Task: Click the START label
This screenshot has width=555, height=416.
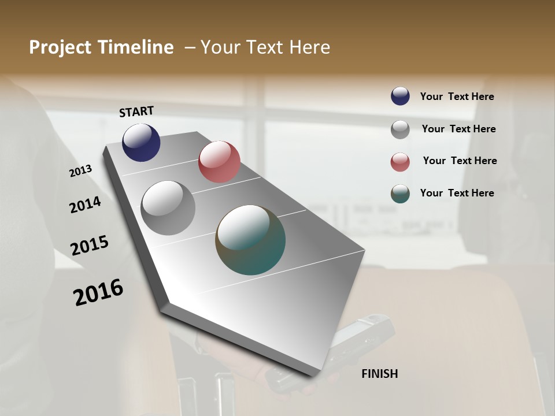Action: pyautogui.click(x=136, y=112)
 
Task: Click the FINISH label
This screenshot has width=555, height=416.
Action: pyautogui.click(x=379, y=374)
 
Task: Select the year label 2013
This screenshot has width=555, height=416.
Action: pyautogui.click(x=81, y=171)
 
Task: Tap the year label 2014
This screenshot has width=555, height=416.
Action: pyautogui.click(x=85, y=205)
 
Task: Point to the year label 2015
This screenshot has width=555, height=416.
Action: pyautogui.click(x=90, y=246)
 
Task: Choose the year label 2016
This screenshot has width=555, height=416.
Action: pyautogui.click(x=98, y=292)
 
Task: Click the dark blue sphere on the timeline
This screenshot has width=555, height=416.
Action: pyautogui.click(x=141, y=142)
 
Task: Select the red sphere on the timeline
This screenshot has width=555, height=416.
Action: pyautogui.click(x=219, y=161)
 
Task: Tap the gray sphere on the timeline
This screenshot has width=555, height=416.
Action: pyautogui.click(x=168, y=208)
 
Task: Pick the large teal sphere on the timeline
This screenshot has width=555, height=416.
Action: pyautogui.click(x=250, y=240)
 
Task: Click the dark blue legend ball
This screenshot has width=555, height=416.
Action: pyautogui.click(x=400, y=96)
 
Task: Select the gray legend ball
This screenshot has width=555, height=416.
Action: pyautogui.click(x=400, y=129)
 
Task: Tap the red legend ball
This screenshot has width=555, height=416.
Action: pyautogui.click(x=400, y=162)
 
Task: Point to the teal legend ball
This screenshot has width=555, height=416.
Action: pyautogui.click(x=400, y=194)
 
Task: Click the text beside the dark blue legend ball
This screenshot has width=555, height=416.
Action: pyautogui.click(x=457, y=97)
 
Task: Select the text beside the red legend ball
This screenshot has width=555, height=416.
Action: pyautogui.click(x=460, y=161)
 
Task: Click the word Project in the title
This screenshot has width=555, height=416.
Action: pyautogui.click(x=61, y=47)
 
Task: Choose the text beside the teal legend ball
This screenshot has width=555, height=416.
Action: pyautogui.click(x=457, y=193)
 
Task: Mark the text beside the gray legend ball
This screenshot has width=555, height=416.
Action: pyautogui.click(x=458, y=129)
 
